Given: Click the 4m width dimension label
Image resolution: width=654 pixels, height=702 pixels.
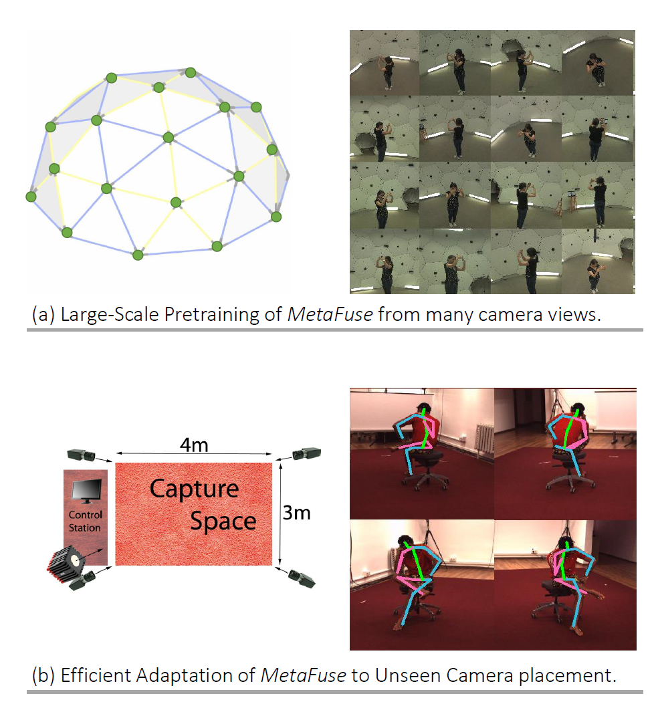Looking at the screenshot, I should point(195,445).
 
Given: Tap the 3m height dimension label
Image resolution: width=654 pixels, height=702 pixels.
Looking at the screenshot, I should point(296,514).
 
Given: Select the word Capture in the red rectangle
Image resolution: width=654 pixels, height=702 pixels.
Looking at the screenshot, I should point(194,489).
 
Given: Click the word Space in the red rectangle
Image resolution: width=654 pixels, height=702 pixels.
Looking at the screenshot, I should point(223,520).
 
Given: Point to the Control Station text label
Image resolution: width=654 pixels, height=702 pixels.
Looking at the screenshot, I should point(86,521).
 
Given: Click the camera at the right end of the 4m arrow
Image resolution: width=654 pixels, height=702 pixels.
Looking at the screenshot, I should point(308,453).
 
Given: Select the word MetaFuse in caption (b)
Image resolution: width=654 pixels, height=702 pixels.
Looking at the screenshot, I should point(303,675).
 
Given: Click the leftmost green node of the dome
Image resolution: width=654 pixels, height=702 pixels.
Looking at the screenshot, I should point(31,197).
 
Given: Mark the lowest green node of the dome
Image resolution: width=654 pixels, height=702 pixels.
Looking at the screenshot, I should point(138,255).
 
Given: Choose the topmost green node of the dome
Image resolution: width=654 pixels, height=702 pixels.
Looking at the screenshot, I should point(191,72).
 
